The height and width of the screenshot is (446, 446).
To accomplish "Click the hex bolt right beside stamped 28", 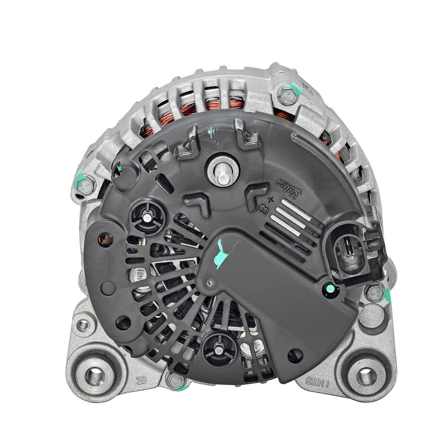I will [175, 380].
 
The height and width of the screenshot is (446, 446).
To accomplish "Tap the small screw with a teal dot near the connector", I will [328, 288].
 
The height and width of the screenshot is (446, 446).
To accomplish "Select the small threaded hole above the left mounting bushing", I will [83, 325].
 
